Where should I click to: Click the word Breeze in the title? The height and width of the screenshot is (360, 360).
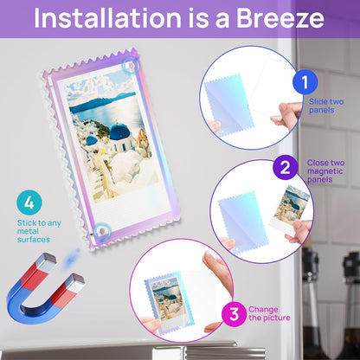(280, 18)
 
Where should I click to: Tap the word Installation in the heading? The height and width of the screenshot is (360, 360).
(107, 18)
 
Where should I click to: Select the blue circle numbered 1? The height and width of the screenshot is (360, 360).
(305, 82)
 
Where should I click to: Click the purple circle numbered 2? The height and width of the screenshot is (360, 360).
(285, 167)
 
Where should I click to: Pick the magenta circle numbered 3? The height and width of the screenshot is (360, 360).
(234, 314)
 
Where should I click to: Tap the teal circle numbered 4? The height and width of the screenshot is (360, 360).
(29, 202)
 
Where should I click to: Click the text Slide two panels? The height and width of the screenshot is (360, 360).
(326, 106)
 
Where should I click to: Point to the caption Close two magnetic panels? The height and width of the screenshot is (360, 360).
(325, 171)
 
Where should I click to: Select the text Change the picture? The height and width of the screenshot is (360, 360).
(269, 313)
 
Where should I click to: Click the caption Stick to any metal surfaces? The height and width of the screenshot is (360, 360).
(39, 231)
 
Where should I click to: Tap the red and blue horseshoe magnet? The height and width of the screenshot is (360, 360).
(45, 287)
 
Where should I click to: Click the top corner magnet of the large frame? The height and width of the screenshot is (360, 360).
(131, 67)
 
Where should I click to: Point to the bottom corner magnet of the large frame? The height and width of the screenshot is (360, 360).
(102, 231)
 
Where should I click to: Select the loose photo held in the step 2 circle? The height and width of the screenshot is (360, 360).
(290, 209)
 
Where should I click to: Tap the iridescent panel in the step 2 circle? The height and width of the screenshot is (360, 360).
(243, 222)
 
